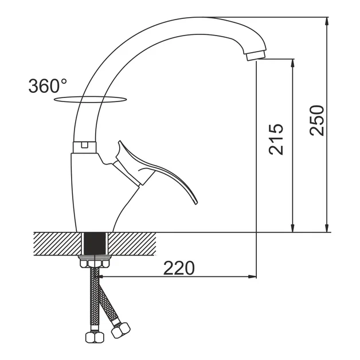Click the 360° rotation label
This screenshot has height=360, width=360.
[x=48, y=86]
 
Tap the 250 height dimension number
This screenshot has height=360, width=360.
[x=316, y=120]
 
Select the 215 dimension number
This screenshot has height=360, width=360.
[x=276, y=139]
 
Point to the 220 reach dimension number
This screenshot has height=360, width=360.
[x=179, y=268]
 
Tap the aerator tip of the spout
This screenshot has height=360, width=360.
[x=256, y=56]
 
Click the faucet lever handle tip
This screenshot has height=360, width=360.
[x=195, y=202]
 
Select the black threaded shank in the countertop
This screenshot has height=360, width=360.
[x=95, y=244]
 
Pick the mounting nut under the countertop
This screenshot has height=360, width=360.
[x=95, y=262]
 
